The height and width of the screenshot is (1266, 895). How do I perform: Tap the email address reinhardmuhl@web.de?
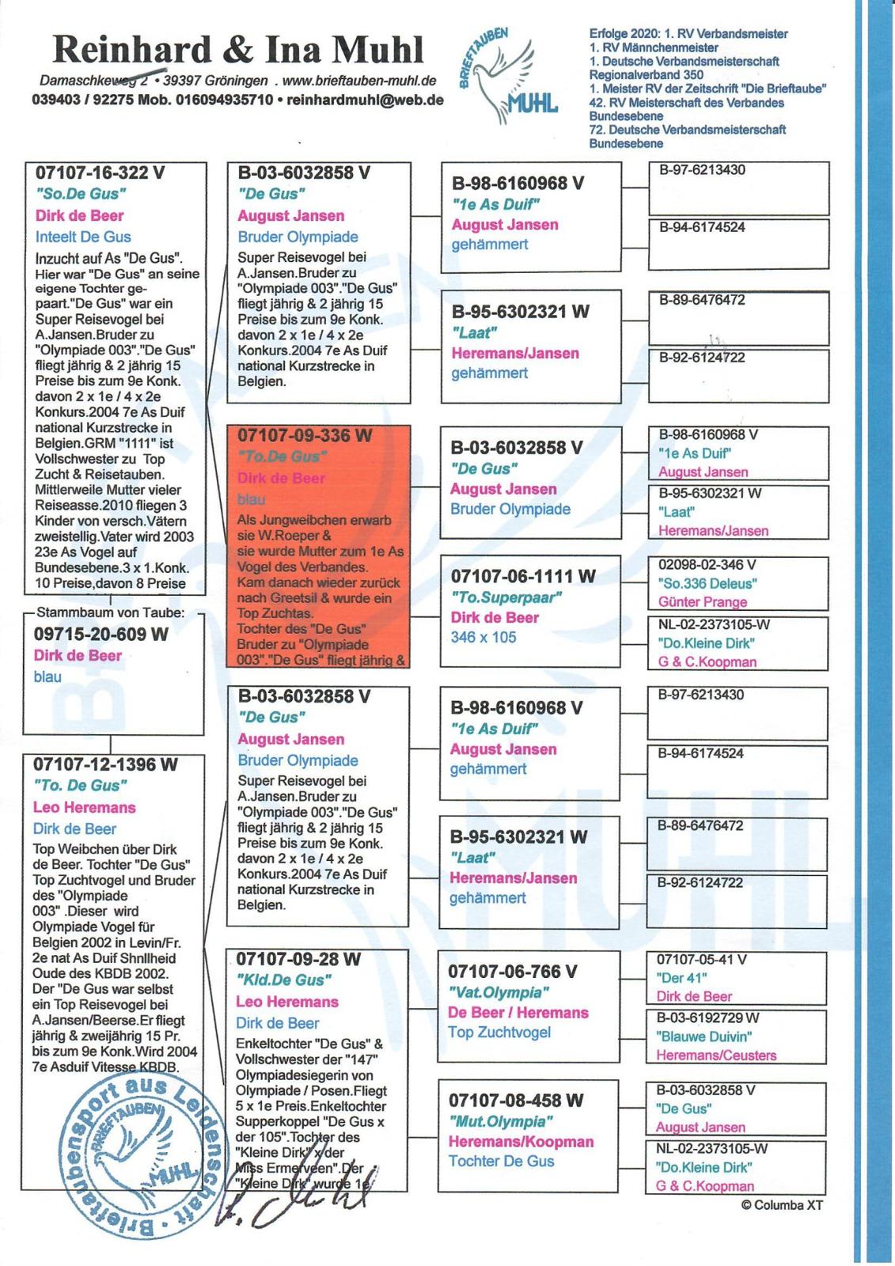point(365,100)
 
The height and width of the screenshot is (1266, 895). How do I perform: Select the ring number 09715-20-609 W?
point(100,634)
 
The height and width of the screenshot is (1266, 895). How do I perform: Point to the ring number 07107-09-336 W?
point(305,435)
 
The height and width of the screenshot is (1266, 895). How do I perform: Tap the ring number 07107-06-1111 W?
point(523,576)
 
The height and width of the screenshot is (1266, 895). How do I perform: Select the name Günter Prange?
point(703,602)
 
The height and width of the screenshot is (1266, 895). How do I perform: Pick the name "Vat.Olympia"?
point(499,992)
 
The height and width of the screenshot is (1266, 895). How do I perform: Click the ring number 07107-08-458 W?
point(516,1101)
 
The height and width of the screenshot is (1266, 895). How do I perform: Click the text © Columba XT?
point(782,1205)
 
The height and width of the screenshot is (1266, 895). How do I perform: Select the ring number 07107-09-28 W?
point(298,959)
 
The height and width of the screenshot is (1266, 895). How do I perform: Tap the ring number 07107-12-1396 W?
point(105,764)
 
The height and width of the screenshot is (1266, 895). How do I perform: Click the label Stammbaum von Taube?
point(111,612)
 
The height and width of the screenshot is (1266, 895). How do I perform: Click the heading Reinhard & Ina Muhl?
point(238,50)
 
